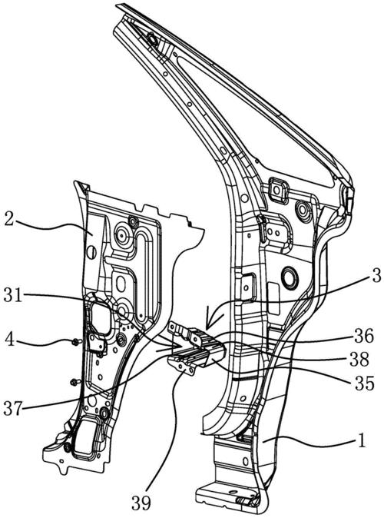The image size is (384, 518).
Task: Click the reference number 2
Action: point(8,219)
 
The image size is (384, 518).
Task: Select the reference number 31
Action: point(12,295)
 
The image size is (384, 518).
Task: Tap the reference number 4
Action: point(9,339)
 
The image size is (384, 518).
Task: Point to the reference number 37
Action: point(12,409)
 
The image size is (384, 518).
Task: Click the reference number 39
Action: point(141,503)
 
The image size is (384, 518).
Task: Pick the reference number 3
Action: point(376,275)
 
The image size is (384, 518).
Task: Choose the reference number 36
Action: point(365,337)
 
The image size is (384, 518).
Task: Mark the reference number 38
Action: point(359,360)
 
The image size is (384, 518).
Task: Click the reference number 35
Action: point(365,384)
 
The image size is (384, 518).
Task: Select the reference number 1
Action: point(362,441)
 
